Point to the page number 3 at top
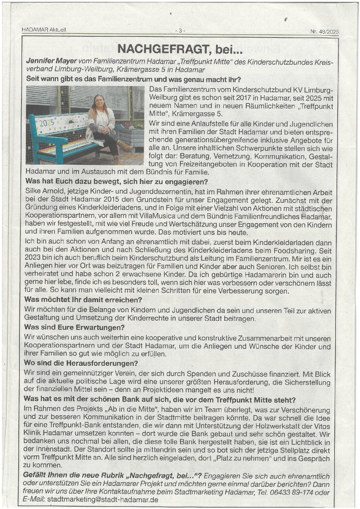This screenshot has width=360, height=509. tap(180, 31)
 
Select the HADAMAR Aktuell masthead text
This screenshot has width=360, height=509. tap(44, 30)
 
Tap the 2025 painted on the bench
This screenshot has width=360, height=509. tap(47, 123)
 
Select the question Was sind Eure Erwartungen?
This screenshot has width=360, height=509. tap(75, 328)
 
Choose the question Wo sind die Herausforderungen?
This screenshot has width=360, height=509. tap(81, 363)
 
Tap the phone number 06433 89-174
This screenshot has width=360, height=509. tap(290, 493)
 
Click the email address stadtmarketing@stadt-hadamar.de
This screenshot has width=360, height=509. tap(102, 500)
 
